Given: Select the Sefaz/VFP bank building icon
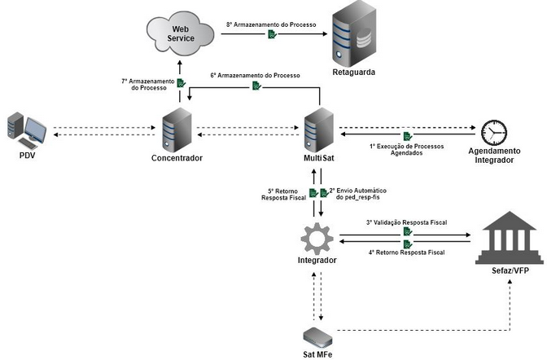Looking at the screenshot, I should (507, 235).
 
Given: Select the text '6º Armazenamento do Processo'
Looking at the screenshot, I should (256, 75).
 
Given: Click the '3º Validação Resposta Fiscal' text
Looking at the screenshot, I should (406, 222).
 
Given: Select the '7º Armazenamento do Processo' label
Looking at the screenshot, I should (147, 84).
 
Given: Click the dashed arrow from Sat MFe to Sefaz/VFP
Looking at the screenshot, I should (423, 331).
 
